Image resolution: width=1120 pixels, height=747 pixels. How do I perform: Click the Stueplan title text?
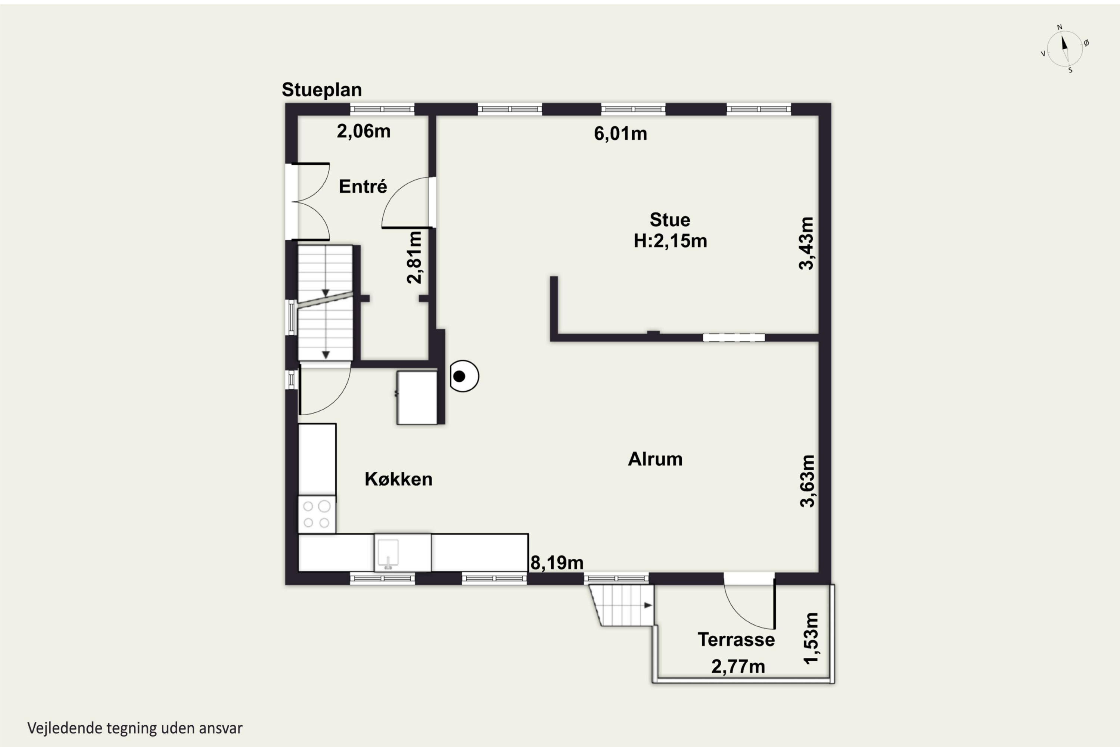(321, 90)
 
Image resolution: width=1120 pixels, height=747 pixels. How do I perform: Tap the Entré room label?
(363, 186)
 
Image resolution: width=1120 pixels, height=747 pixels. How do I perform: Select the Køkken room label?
(399, 479)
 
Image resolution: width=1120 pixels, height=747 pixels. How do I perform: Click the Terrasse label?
(736, 640)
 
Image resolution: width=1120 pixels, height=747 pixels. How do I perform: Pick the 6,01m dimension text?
(620, 134)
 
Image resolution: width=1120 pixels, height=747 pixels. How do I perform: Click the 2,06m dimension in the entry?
(364, 131)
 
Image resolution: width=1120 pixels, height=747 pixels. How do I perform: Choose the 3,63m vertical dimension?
(808, 481)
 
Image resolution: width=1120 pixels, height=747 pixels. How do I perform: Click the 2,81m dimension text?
(414, 257)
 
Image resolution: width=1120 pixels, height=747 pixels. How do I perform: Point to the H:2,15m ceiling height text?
(670, 241)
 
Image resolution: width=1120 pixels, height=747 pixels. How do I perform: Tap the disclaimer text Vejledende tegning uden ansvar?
(135, 728)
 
